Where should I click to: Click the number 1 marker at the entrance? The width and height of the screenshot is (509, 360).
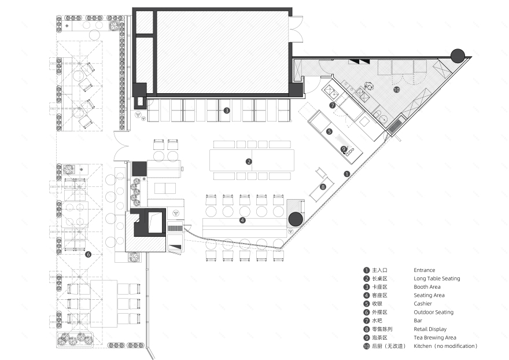point(347,174)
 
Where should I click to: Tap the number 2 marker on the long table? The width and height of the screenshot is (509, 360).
point(249,161)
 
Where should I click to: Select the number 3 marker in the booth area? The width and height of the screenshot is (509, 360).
point(227,110)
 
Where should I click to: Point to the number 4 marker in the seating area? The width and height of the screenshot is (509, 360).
point(242,220)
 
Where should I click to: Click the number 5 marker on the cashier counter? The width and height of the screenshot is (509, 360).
point(329,132)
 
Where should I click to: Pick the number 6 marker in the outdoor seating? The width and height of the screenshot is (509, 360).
point(88,254)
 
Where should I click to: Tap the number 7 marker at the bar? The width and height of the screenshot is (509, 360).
point(333,105)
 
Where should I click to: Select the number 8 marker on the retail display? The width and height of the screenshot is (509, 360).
point(323,186)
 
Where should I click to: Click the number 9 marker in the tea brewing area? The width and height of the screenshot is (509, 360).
point(344,149)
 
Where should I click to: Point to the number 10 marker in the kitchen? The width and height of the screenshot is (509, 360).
point(396,90)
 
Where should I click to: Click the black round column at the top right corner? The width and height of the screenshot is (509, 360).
point(457,56)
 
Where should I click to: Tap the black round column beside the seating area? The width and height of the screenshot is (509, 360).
point(295,219)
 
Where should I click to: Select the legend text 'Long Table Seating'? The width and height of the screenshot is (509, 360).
point(437,278)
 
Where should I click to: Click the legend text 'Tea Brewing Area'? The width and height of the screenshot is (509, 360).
point(434,337)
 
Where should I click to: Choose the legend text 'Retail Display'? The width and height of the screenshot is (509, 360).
point(430,329)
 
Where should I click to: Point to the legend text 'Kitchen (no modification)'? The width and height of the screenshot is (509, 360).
point(446,346)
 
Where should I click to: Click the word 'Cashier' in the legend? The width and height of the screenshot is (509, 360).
point(423,304)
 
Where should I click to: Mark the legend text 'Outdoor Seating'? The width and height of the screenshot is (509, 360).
point(433,313)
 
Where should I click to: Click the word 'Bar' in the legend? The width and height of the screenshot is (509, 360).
point(418,321)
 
